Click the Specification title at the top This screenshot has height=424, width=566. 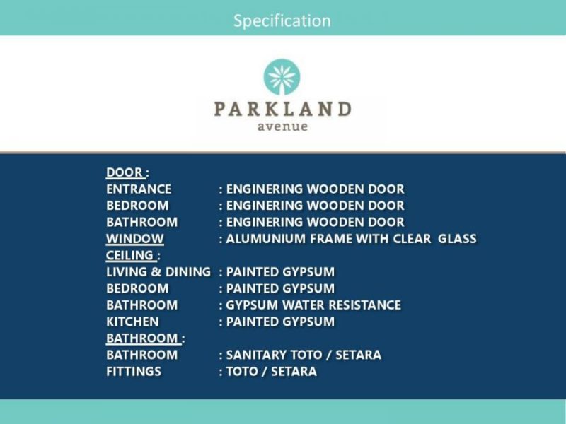pyautogui.click(x=282, y=21)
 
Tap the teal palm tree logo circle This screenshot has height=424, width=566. pyautogui.click(x=282, y=77)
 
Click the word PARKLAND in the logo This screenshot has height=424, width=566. pyautogui.click(x=282, y=109)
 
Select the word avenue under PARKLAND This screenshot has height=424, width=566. pyautogui.click(x=282, y=126)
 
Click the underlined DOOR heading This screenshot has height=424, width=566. pyautogui.click(x=125, y=172)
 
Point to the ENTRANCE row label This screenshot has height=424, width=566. pyautogui.click(x=139, y=189)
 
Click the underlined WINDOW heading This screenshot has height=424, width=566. pyautogui.click(x=134, y=239)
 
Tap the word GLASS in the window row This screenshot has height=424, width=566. pyautogui.click(x=457, y=239)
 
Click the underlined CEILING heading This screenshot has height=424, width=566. pyautogui.click(x=131, y=255)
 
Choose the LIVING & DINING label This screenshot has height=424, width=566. pyautogui.click(x=158, y=272)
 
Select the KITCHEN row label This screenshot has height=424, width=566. pyautogui.click(x=132, y=322)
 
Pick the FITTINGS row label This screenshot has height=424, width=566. pyautogui.click(x=134, y=372)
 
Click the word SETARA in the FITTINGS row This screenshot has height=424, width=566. pyautogui.click(x=294, y=372)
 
